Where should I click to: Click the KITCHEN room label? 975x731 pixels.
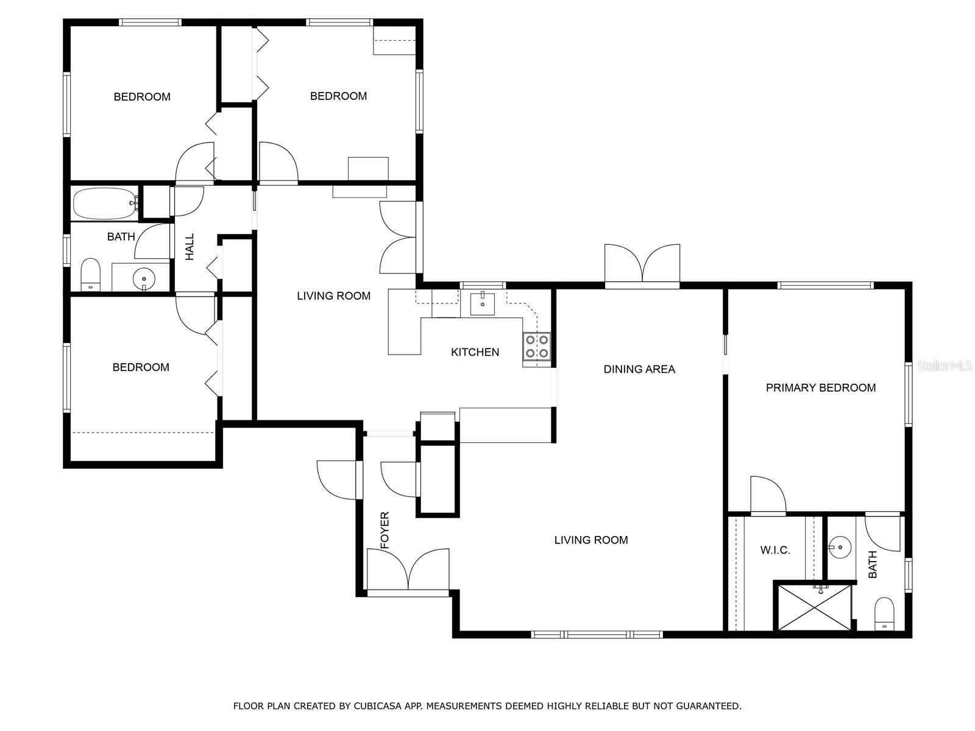pyautogui.click(x=475, y=352)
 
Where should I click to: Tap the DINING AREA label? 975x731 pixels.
pyautogui.click(x=639, y=369)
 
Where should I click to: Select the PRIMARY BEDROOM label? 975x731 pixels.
pyautogui.click(x=821, y=387)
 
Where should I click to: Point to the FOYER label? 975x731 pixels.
pyautogui.click(x=385, y=530)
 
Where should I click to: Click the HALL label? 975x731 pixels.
pyautogui.click(x=190, y=247)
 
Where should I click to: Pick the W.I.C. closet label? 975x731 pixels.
pyautogui.click(x=775, y=550)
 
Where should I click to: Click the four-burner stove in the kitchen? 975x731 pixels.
pyautogui.click(x=537, y=347)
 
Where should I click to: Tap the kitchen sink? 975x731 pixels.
pyautogui.click(x=483, y=303)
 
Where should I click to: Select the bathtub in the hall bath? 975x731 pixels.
pyautogui.click(x=105, y=203)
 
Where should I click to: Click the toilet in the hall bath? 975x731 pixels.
pyautogui.click(x=91, y=274)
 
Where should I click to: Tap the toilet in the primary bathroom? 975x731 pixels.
pyautogui.click(x=884, y=614)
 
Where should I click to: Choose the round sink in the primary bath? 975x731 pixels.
pyautogui.click(x=840, y=547)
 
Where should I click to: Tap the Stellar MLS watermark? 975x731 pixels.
pyautogui.click(x=945, y=365)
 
